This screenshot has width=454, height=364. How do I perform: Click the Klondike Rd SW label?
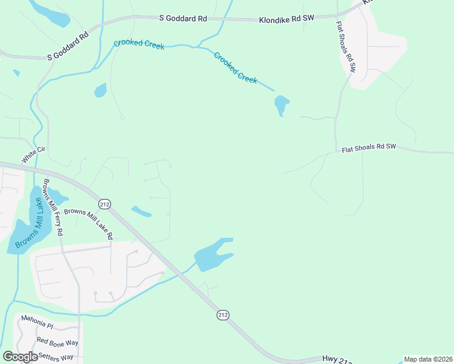click(x=287, y=19)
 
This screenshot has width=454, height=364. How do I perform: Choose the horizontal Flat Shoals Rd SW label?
click(x=368, y=147)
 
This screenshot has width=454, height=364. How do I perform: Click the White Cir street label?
click(x=34, y=154)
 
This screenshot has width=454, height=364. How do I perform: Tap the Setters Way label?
click(x=55, y=357)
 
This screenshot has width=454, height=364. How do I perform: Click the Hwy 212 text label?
click(x=336, y=360)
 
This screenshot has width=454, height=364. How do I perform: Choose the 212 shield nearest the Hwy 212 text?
click(x=223, y=314)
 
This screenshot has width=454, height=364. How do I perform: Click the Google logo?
click(x=20, y=357)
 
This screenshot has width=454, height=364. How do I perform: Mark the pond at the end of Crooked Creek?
click(x=282, y=105)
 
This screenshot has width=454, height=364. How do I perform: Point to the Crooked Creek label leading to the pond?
click(x=235, y=67)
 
